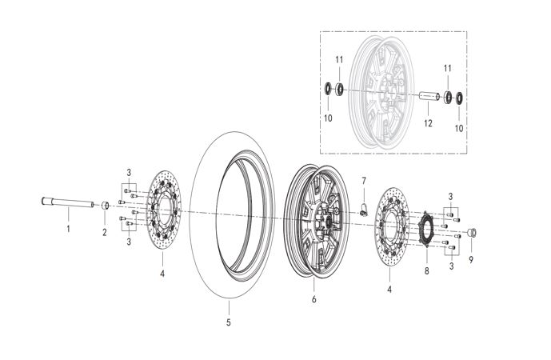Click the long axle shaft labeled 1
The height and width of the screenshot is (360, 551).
click(x=67, y=202)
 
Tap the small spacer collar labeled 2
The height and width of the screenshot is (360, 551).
click(x=105, y=206)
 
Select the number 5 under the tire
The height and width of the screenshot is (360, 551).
click(x=229, y=322)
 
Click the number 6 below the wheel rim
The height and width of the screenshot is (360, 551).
click(x=313, y=299)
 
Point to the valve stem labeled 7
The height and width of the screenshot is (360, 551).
click(x=364, y=210)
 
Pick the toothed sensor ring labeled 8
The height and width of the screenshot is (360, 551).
click(x=426, y=229)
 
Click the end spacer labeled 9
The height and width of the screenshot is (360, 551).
click(x=472, y=233)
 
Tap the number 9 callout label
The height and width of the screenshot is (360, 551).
click(x=471, y=260)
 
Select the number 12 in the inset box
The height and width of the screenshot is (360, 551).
click(x=428, y=123)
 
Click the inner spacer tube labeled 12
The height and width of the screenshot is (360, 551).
click(x=429, y=96)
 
